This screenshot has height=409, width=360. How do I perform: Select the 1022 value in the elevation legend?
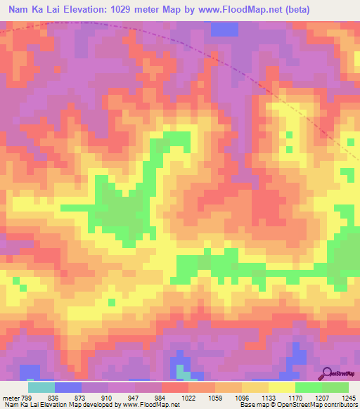[188, 398]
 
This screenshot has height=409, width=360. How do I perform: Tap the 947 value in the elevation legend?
[134, 398]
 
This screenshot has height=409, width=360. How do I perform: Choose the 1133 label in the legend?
[267, 398]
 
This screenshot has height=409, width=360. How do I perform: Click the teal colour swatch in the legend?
[41, 387]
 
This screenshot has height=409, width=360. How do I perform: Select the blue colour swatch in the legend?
[68, 387]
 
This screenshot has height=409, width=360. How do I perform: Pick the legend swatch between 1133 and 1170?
[281, 387]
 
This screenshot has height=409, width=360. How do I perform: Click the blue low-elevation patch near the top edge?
[225, 29]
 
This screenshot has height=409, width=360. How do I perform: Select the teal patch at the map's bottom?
[182, 371]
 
